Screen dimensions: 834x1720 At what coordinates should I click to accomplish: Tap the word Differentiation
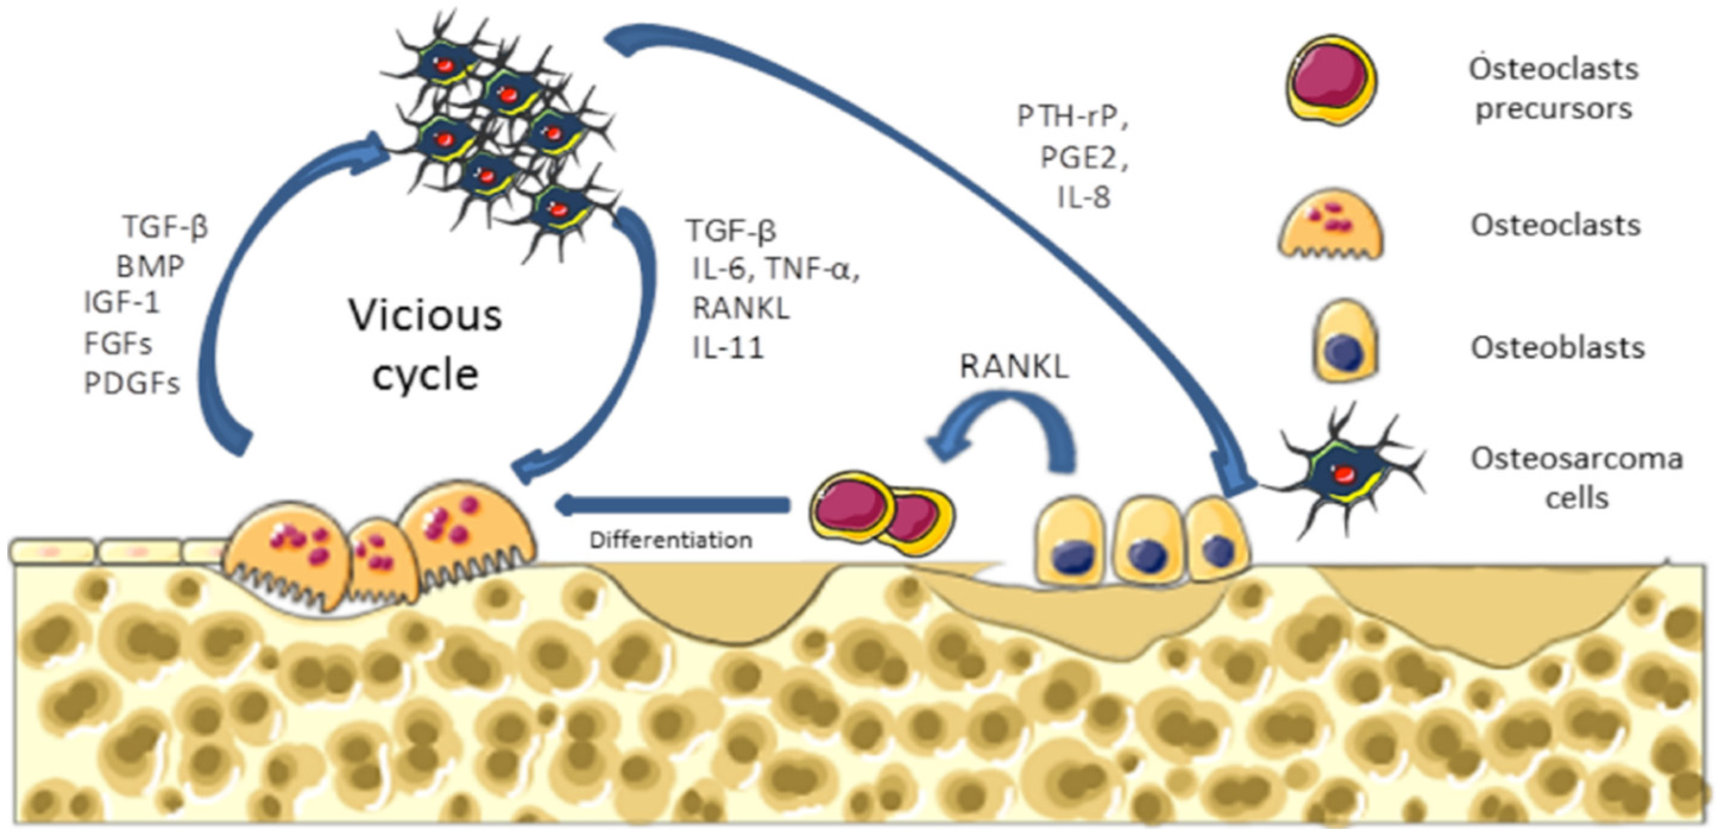point(670,540)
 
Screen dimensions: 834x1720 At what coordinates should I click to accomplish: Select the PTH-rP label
point(1072,117)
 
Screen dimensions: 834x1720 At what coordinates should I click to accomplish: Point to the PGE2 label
point(1083,158)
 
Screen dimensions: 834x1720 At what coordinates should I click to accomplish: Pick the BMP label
point(150,267)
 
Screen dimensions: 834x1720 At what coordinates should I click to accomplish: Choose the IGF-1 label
point(122,303)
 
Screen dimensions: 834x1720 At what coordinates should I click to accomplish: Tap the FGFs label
point(118,344)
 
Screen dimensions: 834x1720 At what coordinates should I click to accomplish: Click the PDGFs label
point(132,384)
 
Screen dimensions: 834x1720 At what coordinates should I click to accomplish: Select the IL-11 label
point(728,348)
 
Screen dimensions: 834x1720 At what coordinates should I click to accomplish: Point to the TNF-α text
point(811,269)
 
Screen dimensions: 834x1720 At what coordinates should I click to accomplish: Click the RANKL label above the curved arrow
point(1013,367)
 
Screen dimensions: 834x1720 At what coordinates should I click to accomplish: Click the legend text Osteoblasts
point(1557,348)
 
